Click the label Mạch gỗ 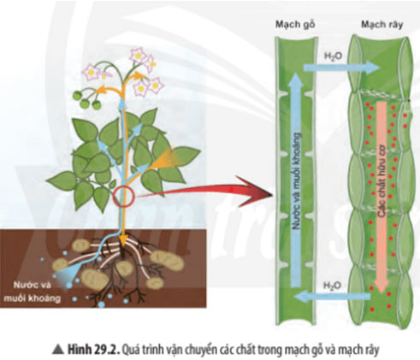tap(295, 25)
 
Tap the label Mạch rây tap(382, 25)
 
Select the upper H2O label tap(333, 56)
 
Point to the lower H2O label tap(332, 285)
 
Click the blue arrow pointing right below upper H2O tap(341, 68)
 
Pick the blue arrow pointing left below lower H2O tap(333, 297)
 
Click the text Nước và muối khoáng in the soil tap(37, 292)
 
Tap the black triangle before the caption tap(58, 350)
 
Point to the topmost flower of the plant tap(138, 56)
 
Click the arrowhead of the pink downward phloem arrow tap(382, 285)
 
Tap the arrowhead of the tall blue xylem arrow tap(297, 80)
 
